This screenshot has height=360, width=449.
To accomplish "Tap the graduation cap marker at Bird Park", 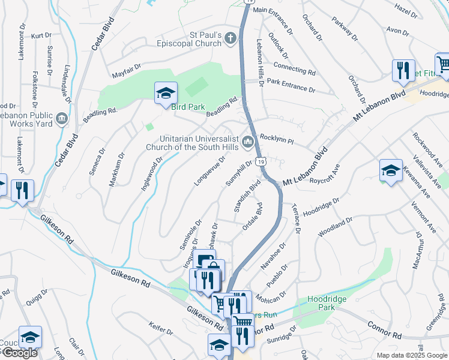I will coord(166,93).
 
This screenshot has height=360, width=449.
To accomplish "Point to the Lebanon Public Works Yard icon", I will coord(61,119).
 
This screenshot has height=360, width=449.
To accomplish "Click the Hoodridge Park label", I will coord(328,303).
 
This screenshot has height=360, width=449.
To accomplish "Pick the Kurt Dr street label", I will coord(41,36).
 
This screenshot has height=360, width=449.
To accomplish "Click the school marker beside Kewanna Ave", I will coord(391,170).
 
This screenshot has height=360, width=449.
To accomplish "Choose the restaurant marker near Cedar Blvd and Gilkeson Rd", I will coord(23,190).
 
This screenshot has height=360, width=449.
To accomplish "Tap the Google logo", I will coord(19,353).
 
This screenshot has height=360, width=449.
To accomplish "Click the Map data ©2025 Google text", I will coord(411,355).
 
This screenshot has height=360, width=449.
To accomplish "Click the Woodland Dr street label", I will coord(336,227).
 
